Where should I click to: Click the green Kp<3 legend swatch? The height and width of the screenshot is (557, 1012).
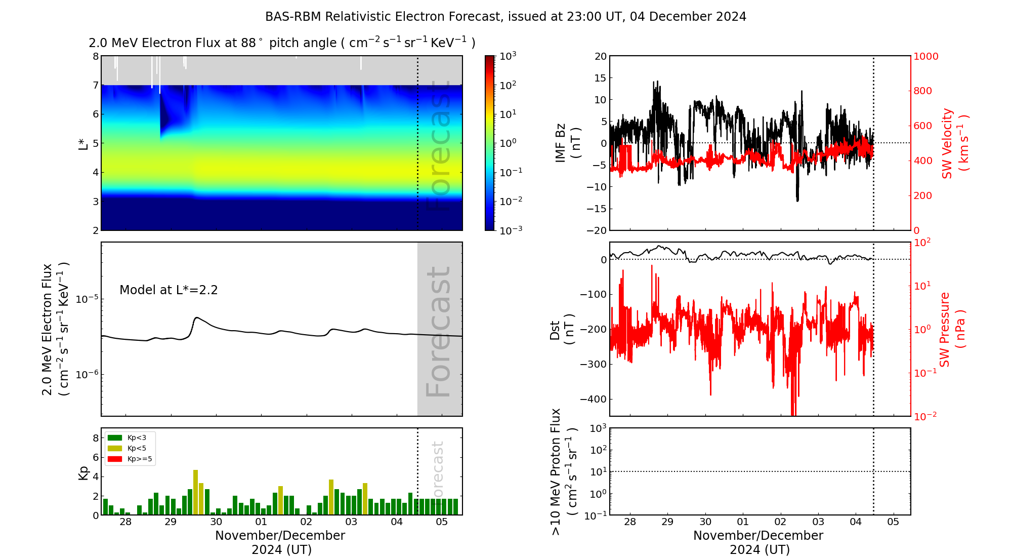(x=115, y=437)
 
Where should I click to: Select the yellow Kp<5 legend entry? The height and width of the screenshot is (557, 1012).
(x=115, y=448)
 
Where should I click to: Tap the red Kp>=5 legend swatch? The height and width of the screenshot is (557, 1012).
(x=115, y=459)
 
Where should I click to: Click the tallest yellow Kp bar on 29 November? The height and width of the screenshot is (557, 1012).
(x=195, y=492)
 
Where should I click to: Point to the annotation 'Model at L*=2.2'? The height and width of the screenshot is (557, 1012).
(x=168, y=290)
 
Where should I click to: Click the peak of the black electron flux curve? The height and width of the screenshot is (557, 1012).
(x=196, y=317)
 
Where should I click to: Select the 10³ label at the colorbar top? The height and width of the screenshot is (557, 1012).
(x=508, y=56)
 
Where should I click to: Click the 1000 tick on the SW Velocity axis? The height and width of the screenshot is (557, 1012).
(x=925, y=56)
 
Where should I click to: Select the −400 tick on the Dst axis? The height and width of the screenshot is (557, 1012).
(x=593, y=399)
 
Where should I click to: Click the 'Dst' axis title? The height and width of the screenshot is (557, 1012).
(x=555, y=330)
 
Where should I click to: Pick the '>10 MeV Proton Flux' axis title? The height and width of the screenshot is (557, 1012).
(x=556, y=471)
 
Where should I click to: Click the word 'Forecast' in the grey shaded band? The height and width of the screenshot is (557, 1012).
(x=438, y=332)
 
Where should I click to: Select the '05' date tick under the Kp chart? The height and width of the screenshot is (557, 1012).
(x=442, y=522)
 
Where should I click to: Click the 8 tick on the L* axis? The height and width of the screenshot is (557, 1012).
(x=95, y=56)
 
